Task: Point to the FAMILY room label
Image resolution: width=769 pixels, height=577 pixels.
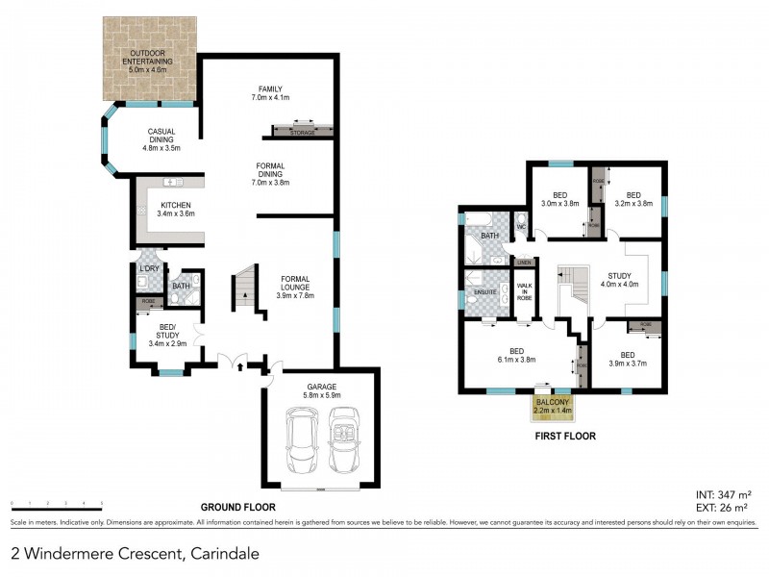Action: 269,93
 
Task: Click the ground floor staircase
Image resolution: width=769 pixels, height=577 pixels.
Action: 244,286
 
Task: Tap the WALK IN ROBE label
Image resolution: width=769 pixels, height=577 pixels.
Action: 525,291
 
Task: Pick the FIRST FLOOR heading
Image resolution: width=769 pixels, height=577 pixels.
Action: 566,436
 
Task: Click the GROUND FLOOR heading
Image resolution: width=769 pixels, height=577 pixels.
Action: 237,507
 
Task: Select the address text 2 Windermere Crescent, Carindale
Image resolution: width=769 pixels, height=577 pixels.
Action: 135,554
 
